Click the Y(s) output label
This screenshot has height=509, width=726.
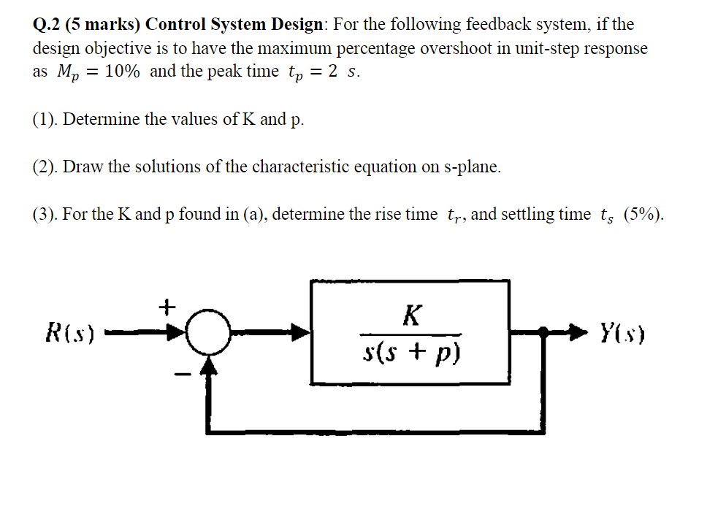pyautogui.click(x=622, y=334)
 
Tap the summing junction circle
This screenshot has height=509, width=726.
pyautogui.click(x=210, y=334)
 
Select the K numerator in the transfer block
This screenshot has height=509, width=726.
pyautogui.click(x=411, y=315)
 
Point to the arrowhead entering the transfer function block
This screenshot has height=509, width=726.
pyautogui.click(x=301, y=334)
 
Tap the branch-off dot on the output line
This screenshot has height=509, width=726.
pyautogui.click(x=543, y=334)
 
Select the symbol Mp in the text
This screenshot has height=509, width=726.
pyautogui.click(x=61, y=73)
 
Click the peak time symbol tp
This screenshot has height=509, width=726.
pyautogui.click(x=296, y=73)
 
